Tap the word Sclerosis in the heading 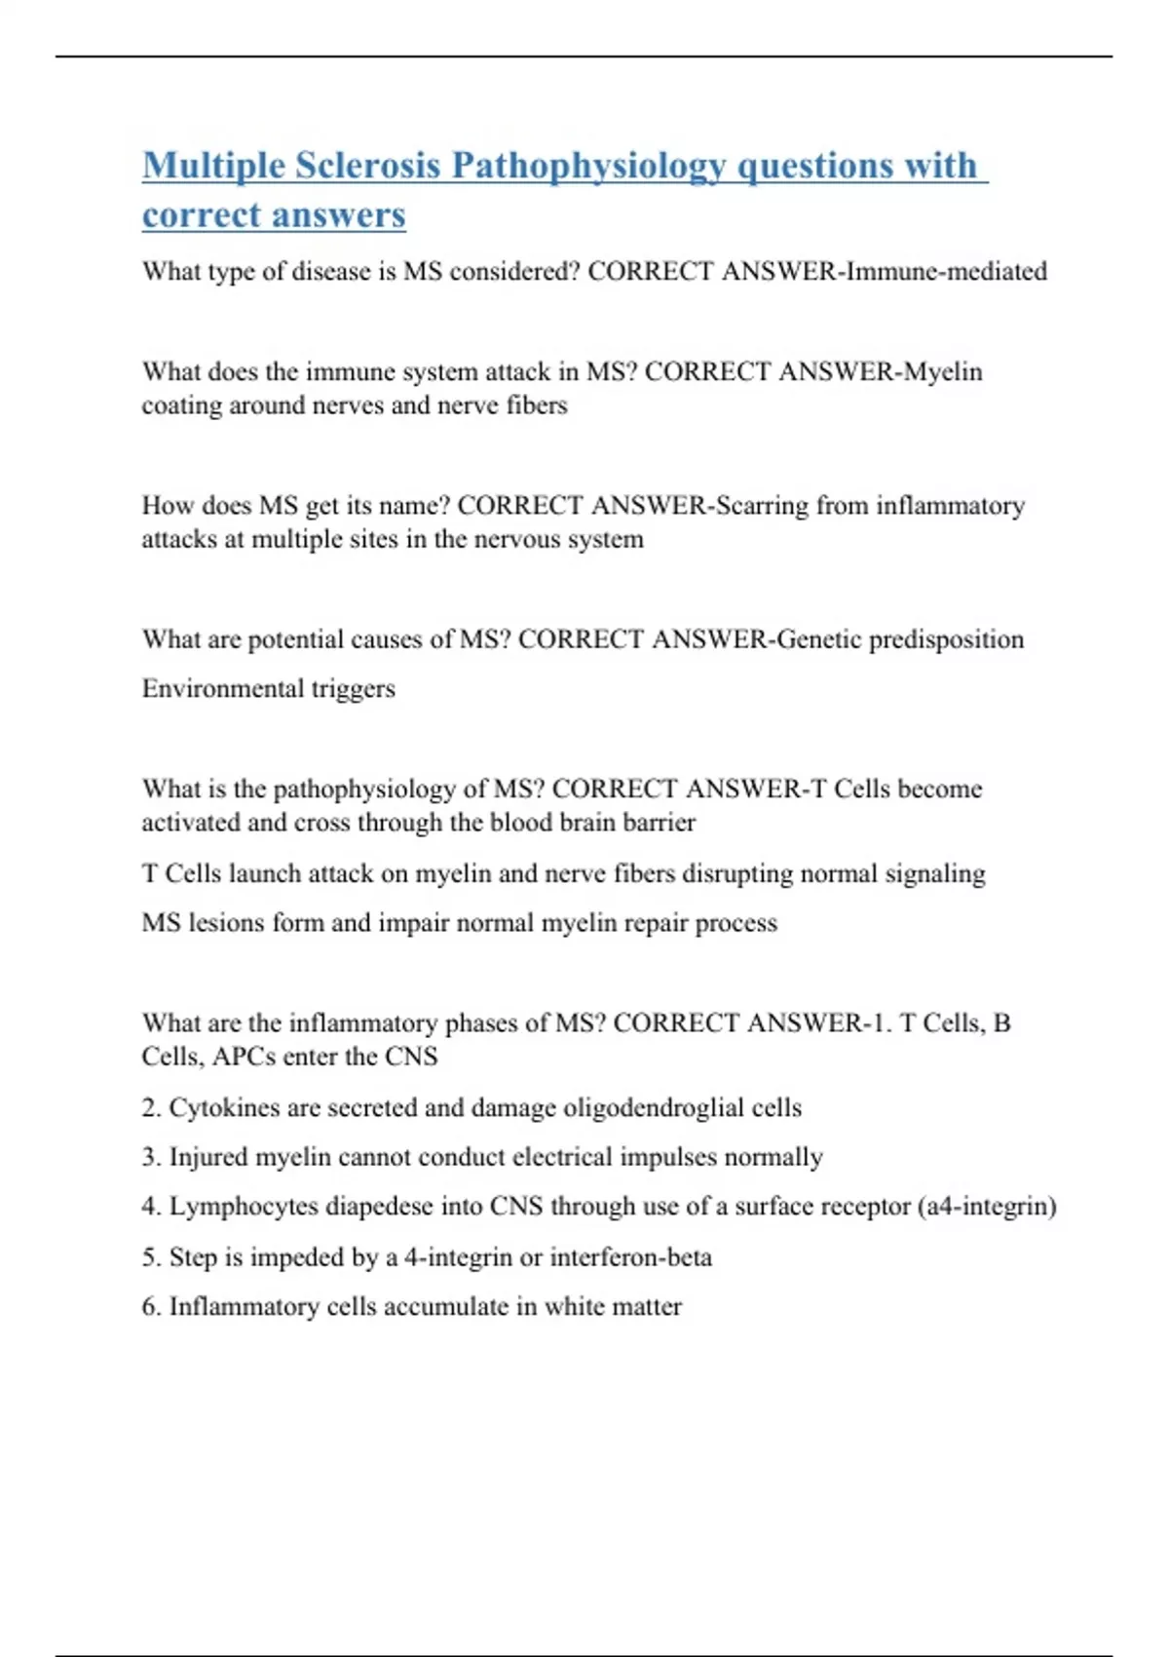367,166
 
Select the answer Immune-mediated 946,271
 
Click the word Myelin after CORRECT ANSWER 942,371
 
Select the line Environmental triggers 268,688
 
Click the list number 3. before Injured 151,1157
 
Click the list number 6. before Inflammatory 151,1306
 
